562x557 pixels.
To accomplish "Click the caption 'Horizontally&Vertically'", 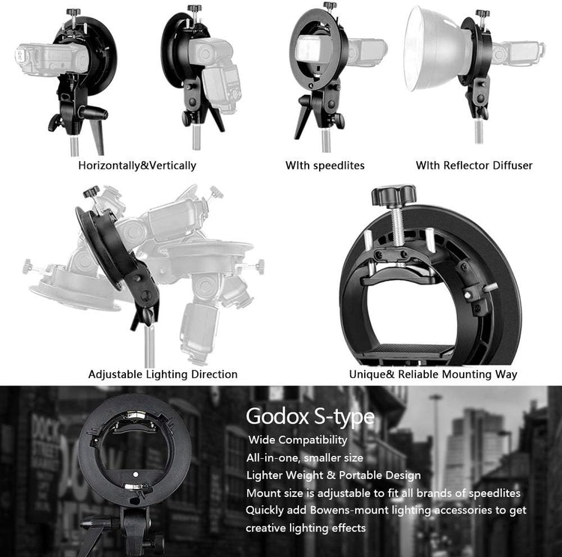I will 137,165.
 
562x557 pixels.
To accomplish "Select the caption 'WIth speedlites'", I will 324,165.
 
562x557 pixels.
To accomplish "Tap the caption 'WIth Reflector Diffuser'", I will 474,165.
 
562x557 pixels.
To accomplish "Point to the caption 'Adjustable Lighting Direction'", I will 163,374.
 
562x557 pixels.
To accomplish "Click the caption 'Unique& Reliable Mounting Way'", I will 432,374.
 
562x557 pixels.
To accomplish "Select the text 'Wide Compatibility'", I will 297,439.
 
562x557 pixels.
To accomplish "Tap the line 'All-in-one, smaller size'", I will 305,457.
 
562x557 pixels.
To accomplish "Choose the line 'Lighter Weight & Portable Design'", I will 333,475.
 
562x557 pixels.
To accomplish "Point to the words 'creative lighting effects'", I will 306,529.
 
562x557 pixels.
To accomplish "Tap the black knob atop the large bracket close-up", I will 394,198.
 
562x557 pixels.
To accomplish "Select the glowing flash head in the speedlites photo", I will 308,51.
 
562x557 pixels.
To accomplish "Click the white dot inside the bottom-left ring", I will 135,475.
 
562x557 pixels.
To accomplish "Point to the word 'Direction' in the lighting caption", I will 213,374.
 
